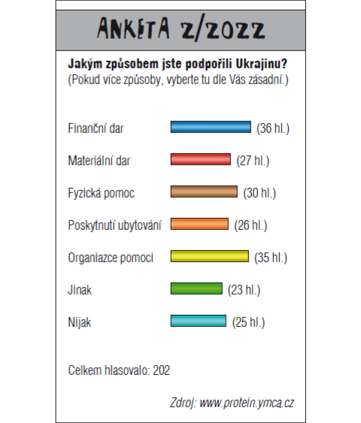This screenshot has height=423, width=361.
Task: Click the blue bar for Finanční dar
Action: tap(211, 127)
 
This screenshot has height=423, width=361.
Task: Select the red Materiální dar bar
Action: tap(201, 159)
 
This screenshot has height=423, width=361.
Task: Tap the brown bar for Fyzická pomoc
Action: tap(204, 192)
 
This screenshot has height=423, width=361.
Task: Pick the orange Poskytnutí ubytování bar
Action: tap(199, 224)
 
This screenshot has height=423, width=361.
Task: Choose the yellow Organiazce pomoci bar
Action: tap(210, 256)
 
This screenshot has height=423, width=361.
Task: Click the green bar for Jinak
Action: tap(196, 289)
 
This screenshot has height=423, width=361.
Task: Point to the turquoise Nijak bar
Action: tap(199, 321)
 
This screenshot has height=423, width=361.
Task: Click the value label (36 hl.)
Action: tap(273, 128)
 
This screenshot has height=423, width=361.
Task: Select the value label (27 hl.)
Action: tap(253, 161)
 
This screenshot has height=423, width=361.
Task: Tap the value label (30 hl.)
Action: tap(259, 193)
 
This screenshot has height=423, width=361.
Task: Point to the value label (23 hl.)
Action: tap(244, 290)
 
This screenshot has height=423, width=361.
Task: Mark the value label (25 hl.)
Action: tap(249, 322)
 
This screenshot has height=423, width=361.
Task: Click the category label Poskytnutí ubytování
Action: tap(115, 225)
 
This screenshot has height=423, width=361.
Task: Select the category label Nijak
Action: tap(80, 322)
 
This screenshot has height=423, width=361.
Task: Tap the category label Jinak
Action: tap(80, 290)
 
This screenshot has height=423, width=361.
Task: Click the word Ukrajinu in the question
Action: tap(261, 64)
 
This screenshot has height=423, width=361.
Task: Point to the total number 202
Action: tap(162, 370)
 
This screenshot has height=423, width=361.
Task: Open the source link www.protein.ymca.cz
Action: tap(247, 403)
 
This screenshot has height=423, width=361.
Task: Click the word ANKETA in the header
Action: tap(133, 28)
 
